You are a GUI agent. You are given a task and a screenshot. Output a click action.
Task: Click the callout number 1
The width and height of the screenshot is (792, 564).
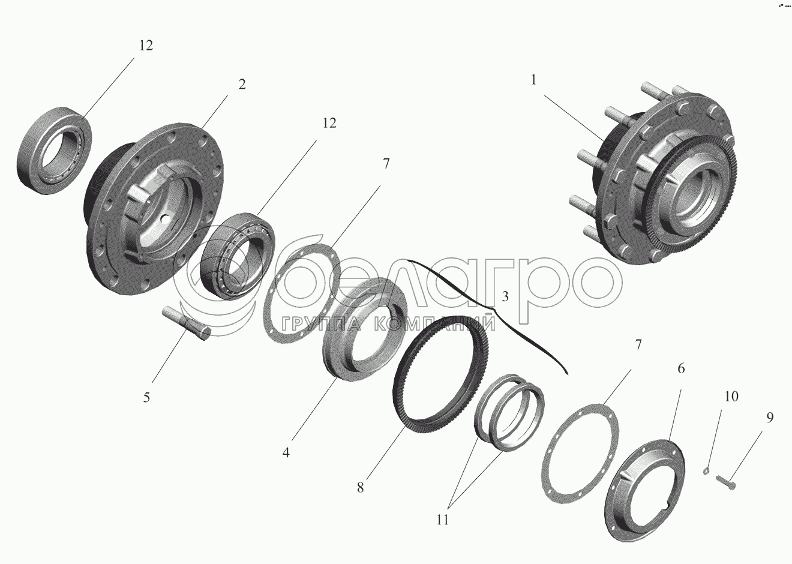click(x=533, y=80)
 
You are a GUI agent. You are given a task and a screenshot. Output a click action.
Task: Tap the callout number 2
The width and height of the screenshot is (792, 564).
click(x=242, y=85)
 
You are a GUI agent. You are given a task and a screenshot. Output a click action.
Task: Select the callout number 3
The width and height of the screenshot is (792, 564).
click(x=505, y=296)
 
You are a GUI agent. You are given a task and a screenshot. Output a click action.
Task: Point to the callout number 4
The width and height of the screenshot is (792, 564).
click(x=286, y=452)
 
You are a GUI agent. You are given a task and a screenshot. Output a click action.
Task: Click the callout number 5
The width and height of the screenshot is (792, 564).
click(x=146, y=397)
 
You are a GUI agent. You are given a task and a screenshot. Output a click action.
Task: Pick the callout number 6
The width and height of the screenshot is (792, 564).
click(x=680, y=368)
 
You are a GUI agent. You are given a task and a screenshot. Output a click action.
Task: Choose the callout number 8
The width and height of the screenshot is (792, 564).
click(x=360, y=488)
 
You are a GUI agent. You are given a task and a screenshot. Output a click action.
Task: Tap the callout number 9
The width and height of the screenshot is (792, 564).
click(x=770, y=418)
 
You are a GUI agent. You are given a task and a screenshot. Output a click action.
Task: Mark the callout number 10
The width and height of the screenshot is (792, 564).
click(x=731, y=397)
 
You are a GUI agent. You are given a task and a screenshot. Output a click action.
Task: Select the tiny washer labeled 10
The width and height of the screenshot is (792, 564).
click(x=706, y=470)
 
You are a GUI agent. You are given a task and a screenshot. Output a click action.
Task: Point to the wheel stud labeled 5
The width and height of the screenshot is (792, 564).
click(x=187, y=323)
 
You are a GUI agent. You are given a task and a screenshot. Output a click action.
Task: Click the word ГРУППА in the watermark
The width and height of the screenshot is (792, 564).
click(x=322, y=324)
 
